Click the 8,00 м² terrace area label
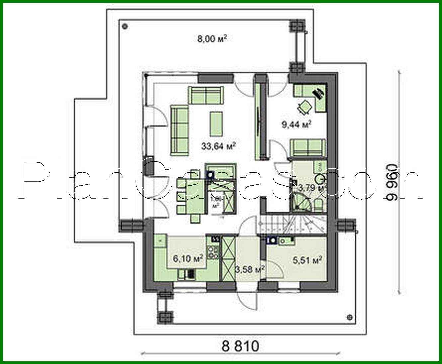[x=212, y=39]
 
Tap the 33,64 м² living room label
[x=219, y=146]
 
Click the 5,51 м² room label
[x=308, y=260]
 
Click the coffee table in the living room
[x=216, y=124]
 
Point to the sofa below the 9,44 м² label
[x=308, y=147]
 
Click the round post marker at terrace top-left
[x=125, y=25]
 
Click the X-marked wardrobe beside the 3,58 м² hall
[x=228, y=258]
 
